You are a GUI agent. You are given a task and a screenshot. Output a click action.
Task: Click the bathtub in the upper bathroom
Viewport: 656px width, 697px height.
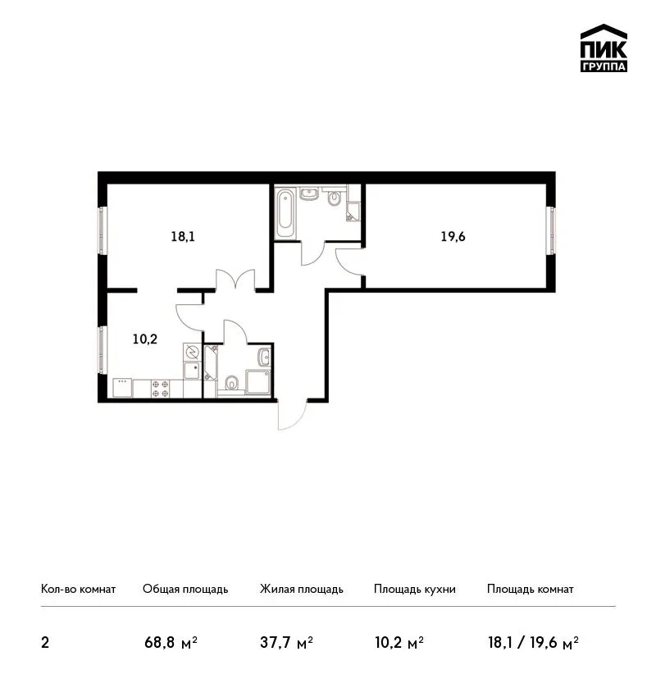285,213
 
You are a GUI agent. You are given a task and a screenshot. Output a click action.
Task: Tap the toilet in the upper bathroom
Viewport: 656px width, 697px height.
335,198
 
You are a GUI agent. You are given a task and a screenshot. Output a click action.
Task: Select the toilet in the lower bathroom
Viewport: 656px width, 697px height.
231,383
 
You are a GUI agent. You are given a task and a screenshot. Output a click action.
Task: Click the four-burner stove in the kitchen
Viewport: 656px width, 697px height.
160,388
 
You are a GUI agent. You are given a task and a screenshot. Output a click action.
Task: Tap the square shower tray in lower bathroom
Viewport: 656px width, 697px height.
257,382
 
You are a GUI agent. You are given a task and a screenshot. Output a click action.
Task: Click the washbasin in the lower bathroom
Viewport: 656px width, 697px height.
264,356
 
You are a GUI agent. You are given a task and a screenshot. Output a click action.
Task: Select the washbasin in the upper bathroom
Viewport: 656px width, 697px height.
308,194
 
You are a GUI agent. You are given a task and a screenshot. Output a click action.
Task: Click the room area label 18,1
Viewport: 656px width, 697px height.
183,236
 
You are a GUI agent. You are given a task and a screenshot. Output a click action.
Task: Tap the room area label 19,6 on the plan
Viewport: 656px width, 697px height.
453,236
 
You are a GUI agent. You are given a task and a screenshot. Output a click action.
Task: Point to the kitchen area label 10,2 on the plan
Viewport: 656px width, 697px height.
145,339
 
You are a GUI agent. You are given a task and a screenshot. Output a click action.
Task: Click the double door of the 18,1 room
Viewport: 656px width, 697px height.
235,280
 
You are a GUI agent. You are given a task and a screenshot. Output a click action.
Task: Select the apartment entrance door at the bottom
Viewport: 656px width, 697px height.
293,415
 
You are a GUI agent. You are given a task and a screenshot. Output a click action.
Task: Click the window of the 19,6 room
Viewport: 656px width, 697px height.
551,230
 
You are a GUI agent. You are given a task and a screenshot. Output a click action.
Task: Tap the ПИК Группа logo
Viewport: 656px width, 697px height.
604,48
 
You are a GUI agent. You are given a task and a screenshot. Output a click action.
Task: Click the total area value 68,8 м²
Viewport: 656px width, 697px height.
171,642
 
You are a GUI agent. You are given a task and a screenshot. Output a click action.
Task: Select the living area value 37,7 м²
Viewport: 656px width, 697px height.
286,642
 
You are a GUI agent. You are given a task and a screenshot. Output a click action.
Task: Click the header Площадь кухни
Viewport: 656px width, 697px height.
415,589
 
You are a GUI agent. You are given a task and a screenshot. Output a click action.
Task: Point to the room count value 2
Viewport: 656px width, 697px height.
45,643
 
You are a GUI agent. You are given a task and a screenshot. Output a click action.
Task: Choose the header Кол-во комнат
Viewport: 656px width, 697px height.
78,589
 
